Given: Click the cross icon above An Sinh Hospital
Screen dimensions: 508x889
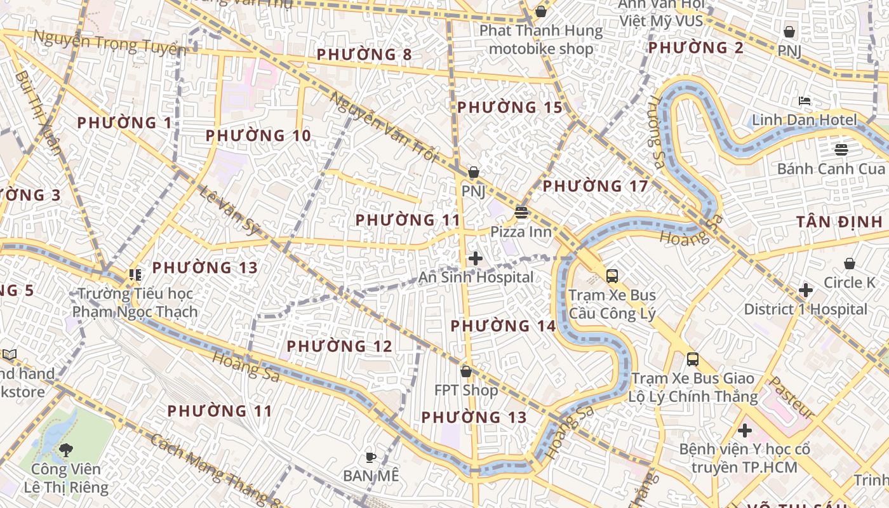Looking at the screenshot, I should pyautogui.click(x=475, y=258).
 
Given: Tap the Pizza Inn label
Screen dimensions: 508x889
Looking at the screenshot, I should pyautogui.click(x=521, y=232).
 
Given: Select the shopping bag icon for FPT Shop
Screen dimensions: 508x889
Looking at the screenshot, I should pyautogui.click(x=466, y=371).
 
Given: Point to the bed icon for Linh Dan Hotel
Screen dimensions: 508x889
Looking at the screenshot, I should pyautogui.click(x=805, y=101).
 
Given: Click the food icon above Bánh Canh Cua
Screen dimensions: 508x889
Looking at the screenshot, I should pyautogui.click(x=841, y=150).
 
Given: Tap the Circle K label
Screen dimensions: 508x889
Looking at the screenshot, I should pyautogui.click(x=849, y=283).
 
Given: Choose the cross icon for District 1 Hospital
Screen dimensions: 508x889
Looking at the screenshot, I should pyautogui.click(x=806, y=290).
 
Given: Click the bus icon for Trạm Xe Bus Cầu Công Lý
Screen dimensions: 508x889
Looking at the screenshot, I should pyautogui.click(x=612, y=276).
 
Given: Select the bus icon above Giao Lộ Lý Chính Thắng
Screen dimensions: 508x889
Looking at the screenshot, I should pyautogui.click(x=693, y=359).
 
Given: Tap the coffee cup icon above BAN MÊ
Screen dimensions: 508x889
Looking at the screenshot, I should pyautogui.click(x=371, y=457).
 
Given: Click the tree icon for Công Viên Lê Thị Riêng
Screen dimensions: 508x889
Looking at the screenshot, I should pyautogui.click(x=65, y=450).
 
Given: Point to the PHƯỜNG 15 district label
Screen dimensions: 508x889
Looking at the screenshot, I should pyautogui.click(x=510, y=107).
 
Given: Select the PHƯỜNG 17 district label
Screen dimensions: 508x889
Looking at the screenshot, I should pyautogui.click(x=595, y=186).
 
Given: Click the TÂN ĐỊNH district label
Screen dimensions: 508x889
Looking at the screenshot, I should pyautogui.click(x=839, y=222).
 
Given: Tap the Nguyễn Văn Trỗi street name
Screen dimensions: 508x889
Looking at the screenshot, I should pyautogui.click(x=384, y=128).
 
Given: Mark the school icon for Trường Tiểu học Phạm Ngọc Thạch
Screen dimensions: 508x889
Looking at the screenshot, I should pyautogui.click(x=135, y=275).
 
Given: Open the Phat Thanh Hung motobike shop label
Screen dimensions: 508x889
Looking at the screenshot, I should pyautogui.click(x=540, y=39).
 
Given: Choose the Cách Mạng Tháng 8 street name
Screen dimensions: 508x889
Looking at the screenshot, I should pyautogui.click(x=216, y=470).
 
